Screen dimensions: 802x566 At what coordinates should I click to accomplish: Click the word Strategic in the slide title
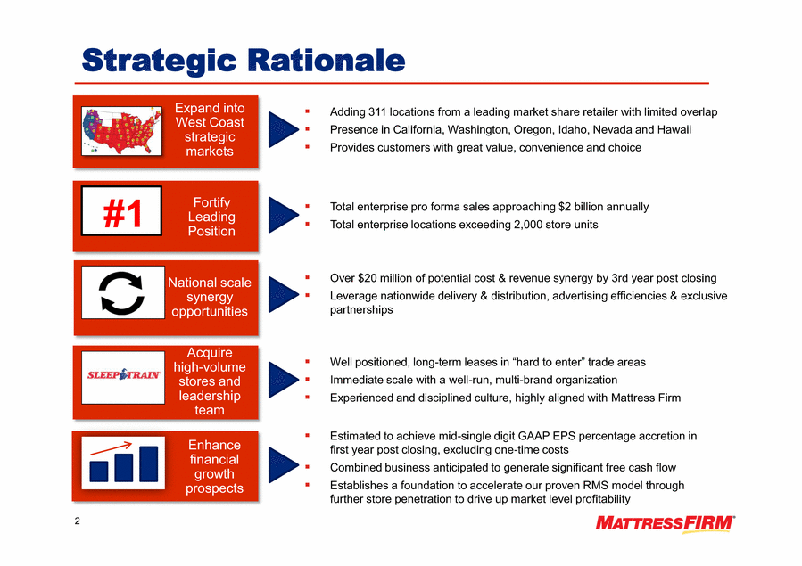coord(159,61)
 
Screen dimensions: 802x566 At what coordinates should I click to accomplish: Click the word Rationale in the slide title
coord(327,60)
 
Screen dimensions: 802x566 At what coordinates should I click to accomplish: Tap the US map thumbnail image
coord(121,131)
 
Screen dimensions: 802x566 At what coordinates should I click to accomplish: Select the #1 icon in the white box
coord(122,213)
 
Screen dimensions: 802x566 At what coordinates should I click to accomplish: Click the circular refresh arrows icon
coord(121,292)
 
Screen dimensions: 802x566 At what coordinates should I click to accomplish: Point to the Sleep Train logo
coord(123,375)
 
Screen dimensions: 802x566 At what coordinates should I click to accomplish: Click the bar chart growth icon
coord(124,463)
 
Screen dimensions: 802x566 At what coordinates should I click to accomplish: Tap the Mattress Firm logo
coord(665,524)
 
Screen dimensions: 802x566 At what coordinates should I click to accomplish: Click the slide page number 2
coord(78,521)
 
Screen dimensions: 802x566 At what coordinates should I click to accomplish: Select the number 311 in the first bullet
coord(377,112)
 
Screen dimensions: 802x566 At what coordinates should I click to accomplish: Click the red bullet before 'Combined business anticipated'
coord(308,466)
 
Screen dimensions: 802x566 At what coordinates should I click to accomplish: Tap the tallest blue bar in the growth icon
coord(149,463)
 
